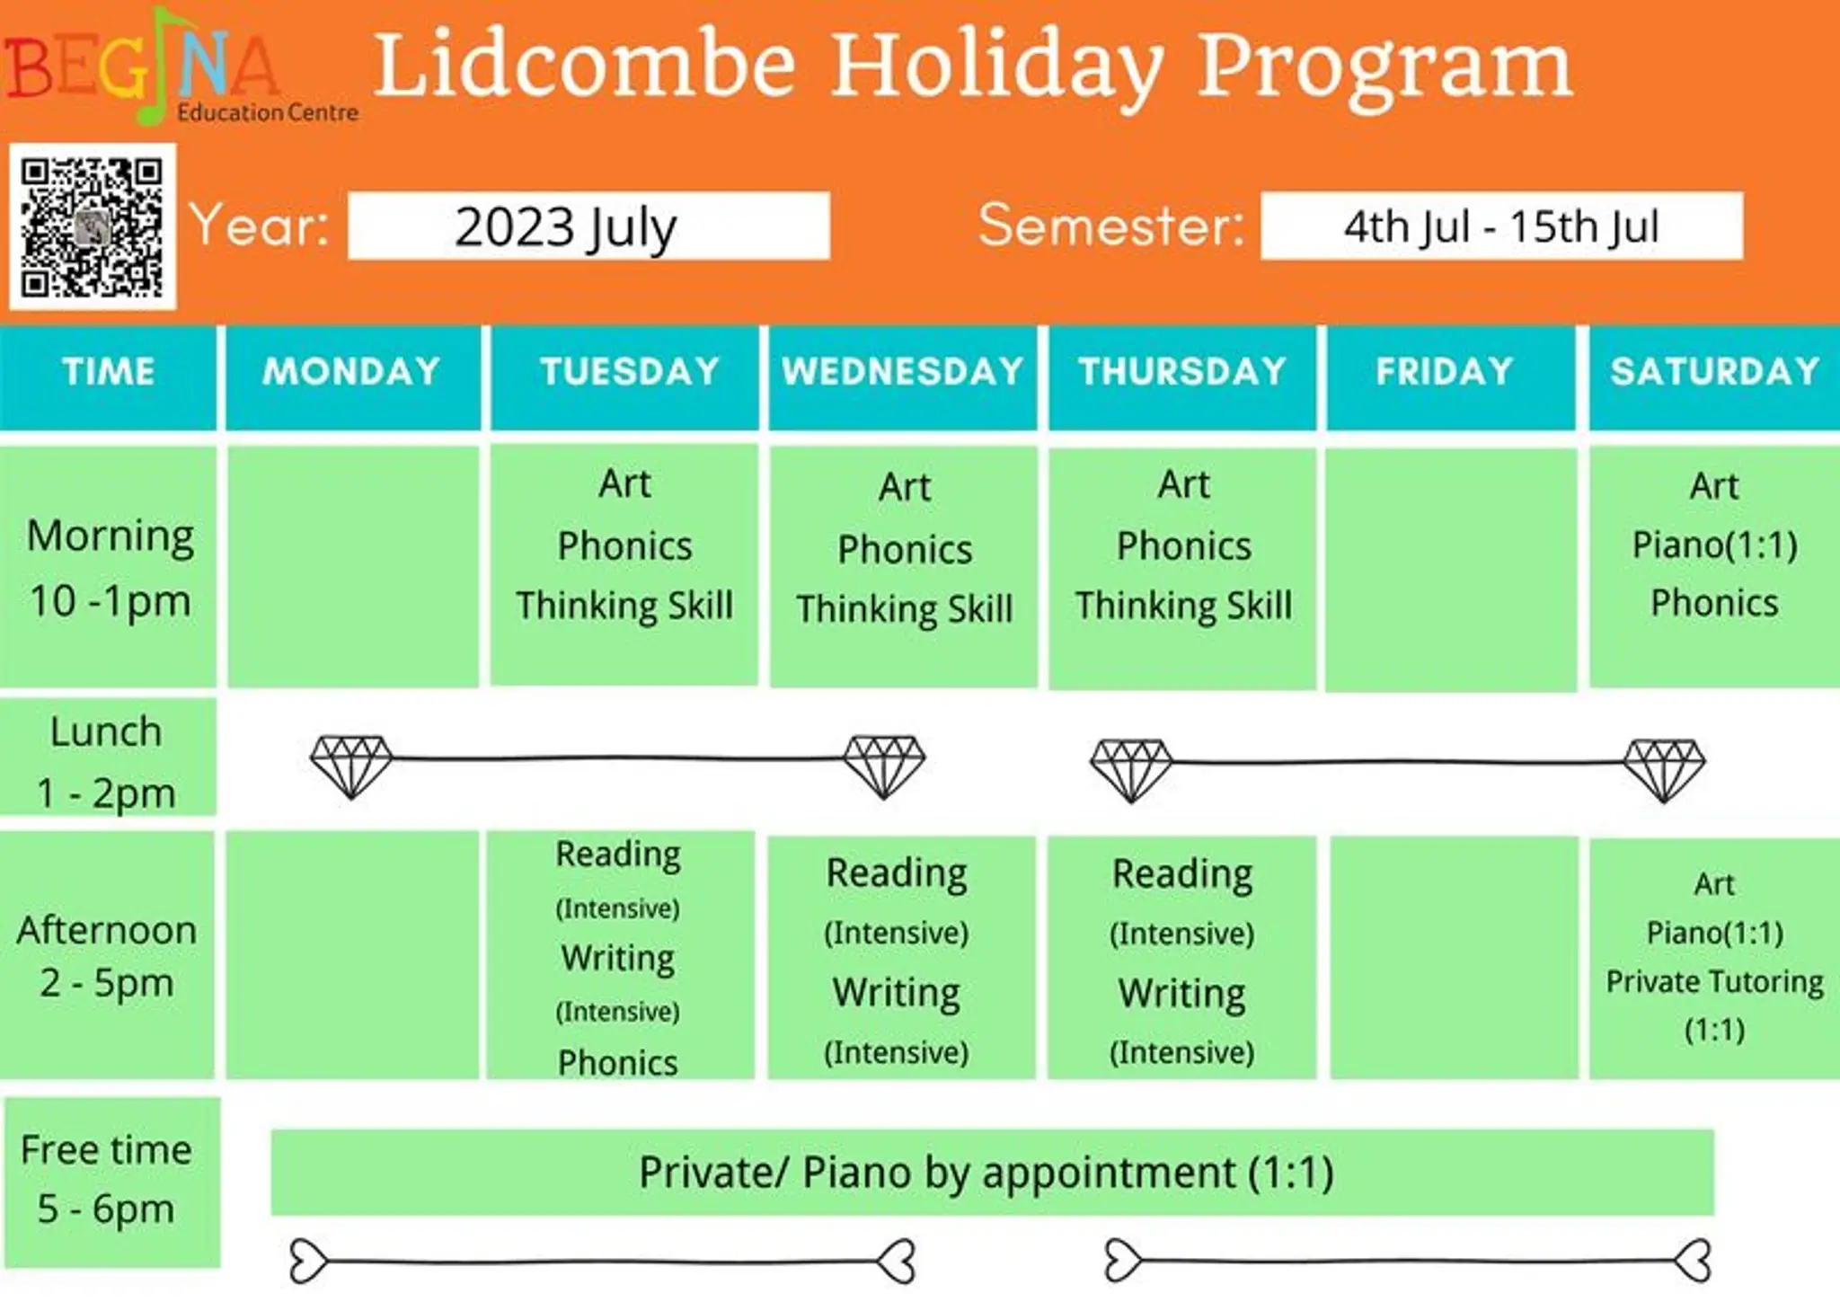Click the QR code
(x=93, y=226)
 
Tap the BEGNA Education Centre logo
(x=180, y=66)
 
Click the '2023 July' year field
(x=588, y=226)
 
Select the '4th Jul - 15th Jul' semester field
(x=1501, y=226)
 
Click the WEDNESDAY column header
(x=903, y=377)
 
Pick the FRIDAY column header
(x=1451, y=377)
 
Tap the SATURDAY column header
(x=1714, y=377)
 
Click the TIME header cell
(x=108, y=377)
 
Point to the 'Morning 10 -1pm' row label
(x=110, y=568)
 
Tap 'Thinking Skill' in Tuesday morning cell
(x=624, y=606)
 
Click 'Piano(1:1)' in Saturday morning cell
(x=1714, y=545)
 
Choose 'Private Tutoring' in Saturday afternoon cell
(x=1714, y=982)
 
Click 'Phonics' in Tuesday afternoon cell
(x=618, y=1063)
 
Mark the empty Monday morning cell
(x=353, y=567)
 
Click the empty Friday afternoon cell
(x=1454, y=958)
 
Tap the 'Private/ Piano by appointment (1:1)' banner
(x=992, y=1173)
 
